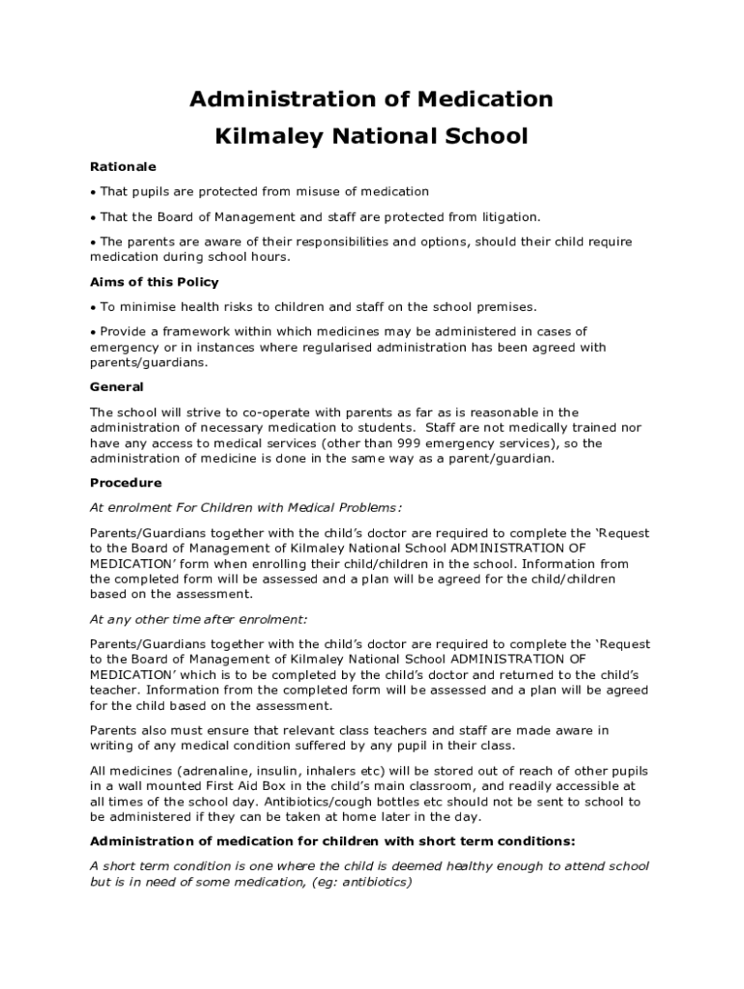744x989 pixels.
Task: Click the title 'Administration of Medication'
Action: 371,99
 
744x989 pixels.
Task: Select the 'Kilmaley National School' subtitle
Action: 371,136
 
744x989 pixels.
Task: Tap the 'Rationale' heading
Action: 123,166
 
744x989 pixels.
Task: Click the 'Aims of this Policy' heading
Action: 155,282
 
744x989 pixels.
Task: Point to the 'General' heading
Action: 117,386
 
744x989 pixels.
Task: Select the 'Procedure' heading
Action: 126,482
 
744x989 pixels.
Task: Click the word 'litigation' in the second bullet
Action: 507,216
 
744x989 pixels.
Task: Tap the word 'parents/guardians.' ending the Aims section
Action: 148,362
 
